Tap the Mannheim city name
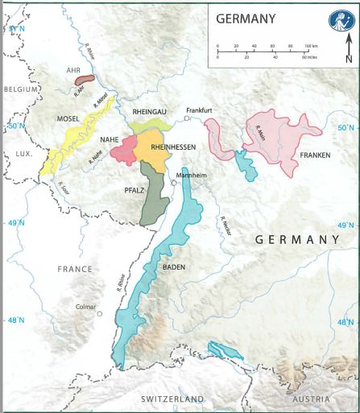click(190, 174)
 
